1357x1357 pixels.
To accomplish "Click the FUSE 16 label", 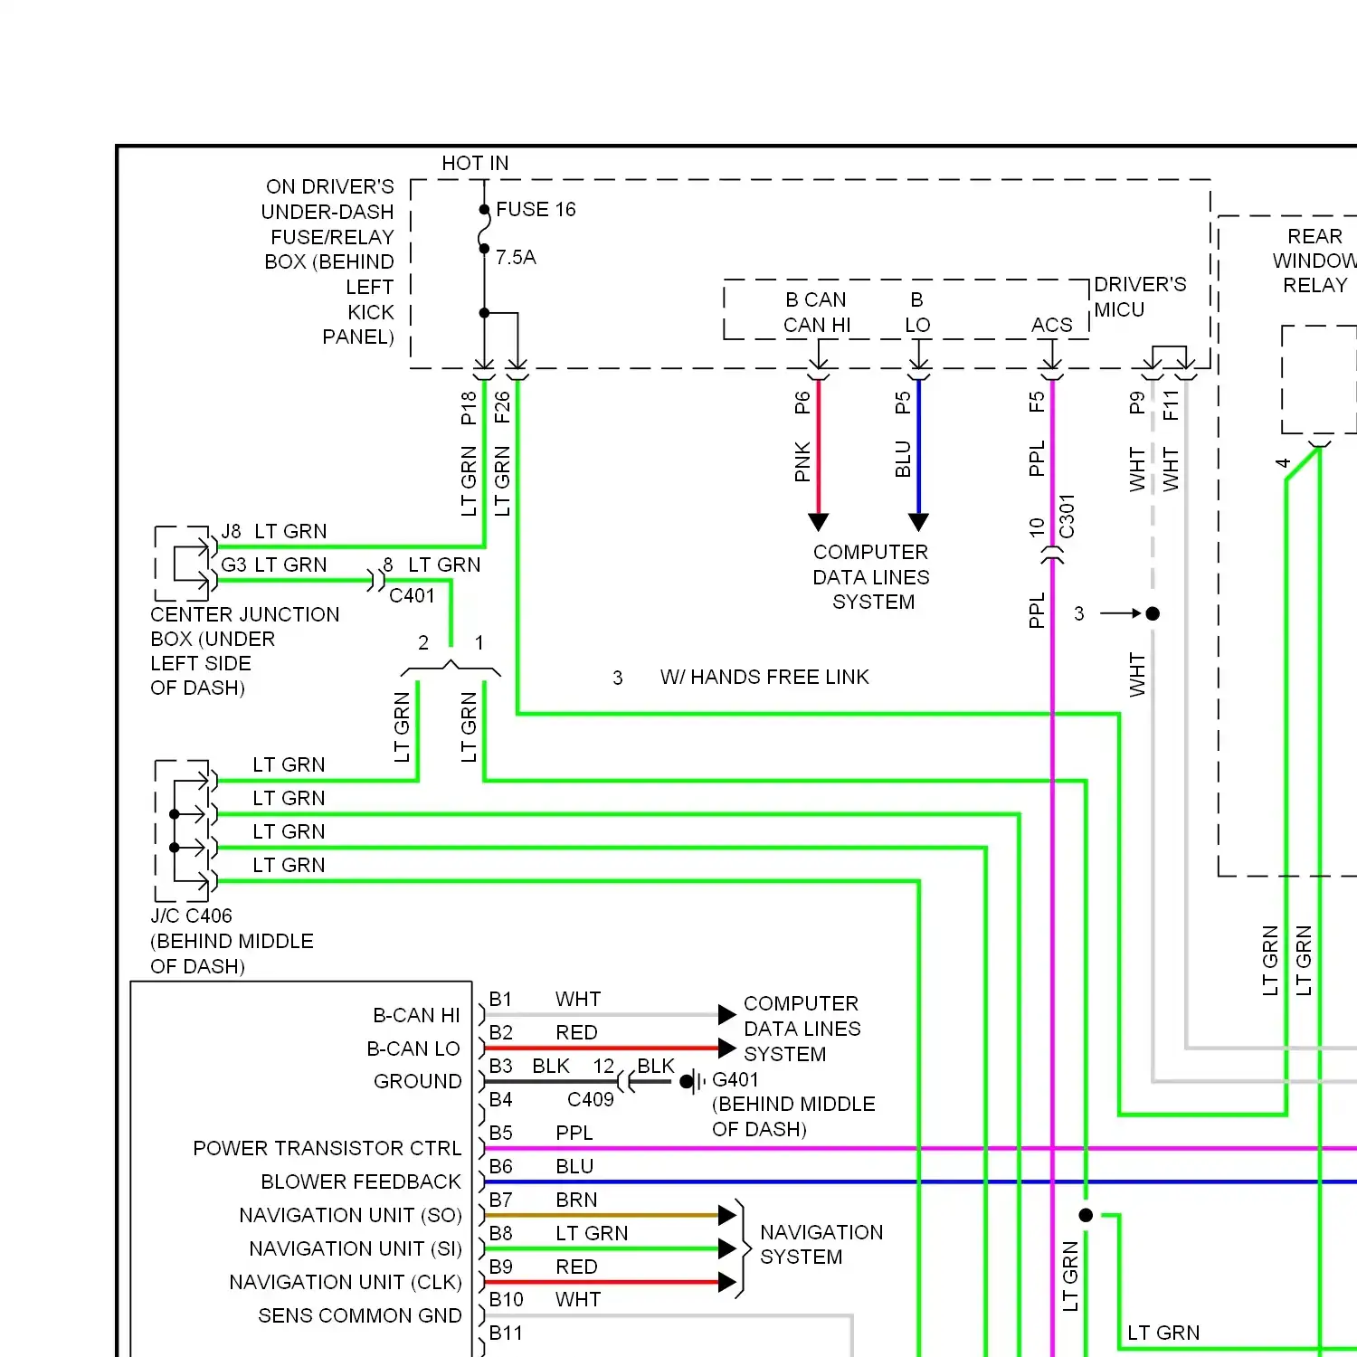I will coord(535,210).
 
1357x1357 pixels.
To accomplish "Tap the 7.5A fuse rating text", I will coord(516,258).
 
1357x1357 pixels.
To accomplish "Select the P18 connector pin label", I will coord(469,408).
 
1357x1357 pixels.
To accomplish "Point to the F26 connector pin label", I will coord(502,408).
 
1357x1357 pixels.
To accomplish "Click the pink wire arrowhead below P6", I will coord(819,522).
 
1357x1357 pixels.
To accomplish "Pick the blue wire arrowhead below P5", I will coord(919,522).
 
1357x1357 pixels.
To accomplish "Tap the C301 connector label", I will coord(1068,517).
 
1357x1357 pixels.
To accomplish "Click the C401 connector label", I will coord(412,596).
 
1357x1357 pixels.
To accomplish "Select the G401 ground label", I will coord(735,1080).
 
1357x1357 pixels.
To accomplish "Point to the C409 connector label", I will coord(590,1100).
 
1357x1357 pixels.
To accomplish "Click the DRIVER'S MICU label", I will coord(1139,297).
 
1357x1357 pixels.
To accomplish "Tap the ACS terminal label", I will coord(1051,325).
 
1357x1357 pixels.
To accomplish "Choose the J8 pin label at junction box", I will coord(232,532).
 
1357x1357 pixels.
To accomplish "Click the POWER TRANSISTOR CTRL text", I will coord(327,1149).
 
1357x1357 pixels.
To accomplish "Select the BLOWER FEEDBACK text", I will coord(360,1182).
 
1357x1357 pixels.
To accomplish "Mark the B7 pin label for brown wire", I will coord(500,1200).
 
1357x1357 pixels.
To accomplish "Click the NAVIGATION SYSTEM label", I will coord(821,1245).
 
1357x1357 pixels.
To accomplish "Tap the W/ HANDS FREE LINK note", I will coord(764,678).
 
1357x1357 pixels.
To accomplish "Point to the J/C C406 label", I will coord(191,916).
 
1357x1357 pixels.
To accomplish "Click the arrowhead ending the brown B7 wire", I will coord(726,1216).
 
